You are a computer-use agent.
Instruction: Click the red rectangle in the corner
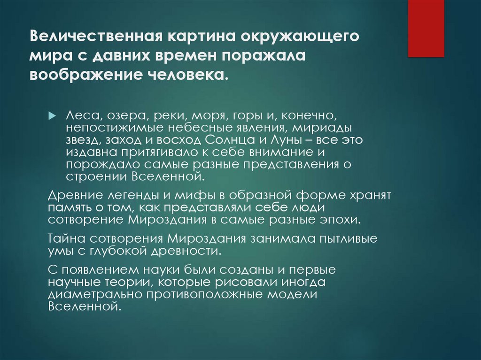tap(426, 28)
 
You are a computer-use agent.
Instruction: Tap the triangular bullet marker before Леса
tap(53, 116)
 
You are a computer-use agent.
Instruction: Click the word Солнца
tap(230, 140)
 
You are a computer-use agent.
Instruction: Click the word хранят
tap(371, 196)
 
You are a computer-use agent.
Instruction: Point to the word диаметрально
tap(95, 294)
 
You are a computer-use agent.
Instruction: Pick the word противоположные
tap(205, 294)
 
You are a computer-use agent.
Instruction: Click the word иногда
tap(303, 282)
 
